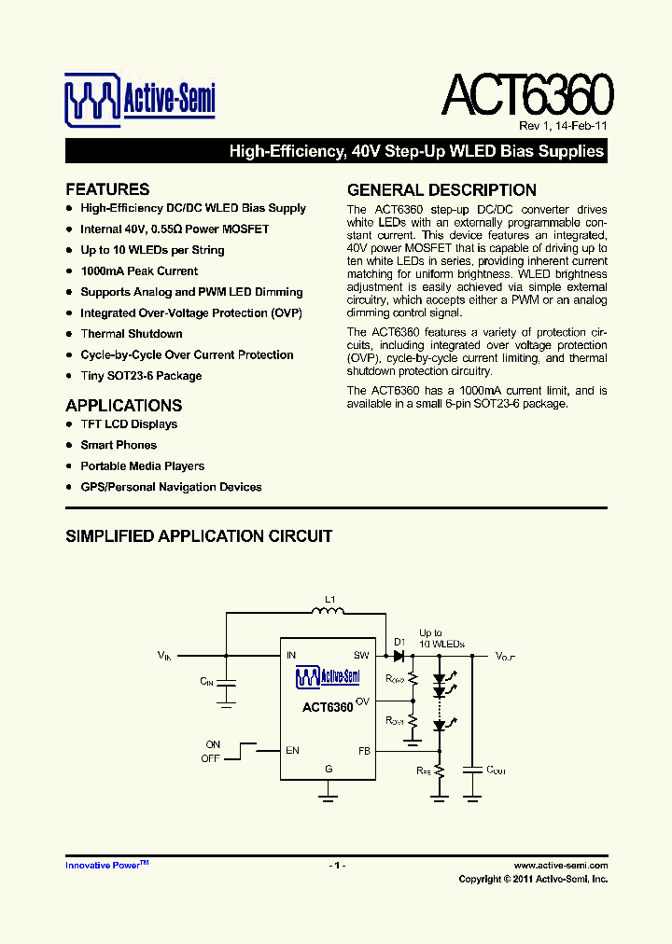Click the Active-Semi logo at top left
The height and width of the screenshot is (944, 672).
140,101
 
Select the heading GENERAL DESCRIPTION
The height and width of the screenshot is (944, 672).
441,189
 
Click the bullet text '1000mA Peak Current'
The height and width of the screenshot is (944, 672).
139,271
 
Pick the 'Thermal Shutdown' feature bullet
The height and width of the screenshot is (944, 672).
132,334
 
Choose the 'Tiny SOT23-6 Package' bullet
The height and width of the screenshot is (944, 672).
141,376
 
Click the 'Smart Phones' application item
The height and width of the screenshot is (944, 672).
119,446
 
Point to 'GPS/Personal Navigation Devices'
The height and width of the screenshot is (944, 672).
171,487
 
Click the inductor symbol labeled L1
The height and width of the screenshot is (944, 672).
328,612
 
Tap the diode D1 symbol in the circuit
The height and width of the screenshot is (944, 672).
399,656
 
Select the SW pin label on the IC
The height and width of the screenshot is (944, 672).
361,656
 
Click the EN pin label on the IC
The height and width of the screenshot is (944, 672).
292,751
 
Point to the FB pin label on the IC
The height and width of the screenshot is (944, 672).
364,751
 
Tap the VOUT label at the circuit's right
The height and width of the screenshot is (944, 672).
505,657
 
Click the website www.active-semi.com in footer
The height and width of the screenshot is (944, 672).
560,866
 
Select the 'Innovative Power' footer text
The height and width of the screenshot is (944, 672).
103,866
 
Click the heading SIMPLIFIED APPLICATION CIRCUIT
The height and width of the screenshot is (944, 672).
199,536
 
